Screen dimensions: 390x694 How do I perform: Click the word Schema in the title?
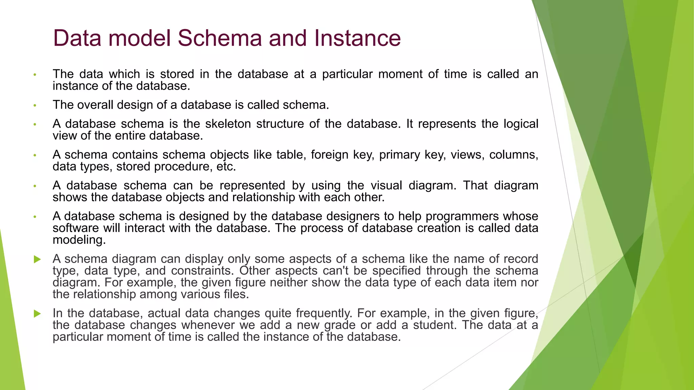(x=220, y=38)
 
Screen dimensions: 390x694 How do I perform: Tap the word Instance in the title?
(x=357, y=38)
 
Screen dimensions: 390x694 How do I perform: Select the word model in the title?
(x=139, y=38)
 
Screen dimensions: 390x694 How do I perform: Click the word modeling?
(x=79, y=240)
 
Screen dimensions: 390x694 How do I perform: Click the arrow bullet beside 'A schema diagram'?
(x=37, y=260)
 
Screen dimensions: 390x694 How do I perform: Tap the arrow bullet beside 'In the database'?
(x=37, y=314)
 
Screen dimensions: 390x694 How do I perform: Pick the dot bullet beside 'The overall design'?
(x=35, y=106)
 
